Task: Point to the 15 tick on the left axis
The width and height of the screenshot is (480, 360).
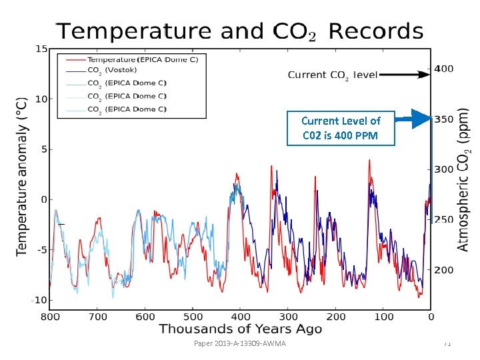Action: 41,49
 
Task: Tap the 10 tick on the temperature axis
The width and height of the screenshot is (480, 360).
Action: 41,99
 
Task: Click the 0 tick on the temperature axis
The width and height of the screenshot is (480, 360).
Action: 43,199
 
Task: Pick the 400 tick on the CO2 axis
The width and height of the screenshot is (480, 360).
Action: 444,69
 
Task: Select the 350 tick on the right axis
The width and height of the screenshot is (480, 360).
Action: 444,120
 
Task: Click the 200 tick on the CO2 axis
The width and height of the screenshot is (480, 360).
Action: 444,270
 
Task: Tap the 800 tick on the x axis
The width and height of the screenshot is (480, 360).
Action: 51,317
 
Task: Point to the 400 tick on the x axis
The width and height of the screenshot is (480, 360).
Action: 241,317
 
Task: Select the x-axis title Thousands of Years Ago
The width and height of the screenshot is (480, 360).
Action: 240,329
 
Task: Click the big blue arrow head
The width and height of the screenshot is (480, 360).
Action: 421,119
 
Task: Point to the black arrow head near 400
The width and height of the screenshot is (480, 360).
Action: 427,75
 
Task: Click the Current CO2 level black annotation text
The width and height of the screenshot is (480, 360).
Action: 332,75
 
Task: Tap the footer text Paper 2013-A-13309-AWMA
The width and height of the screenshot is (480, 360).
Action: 239,343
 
